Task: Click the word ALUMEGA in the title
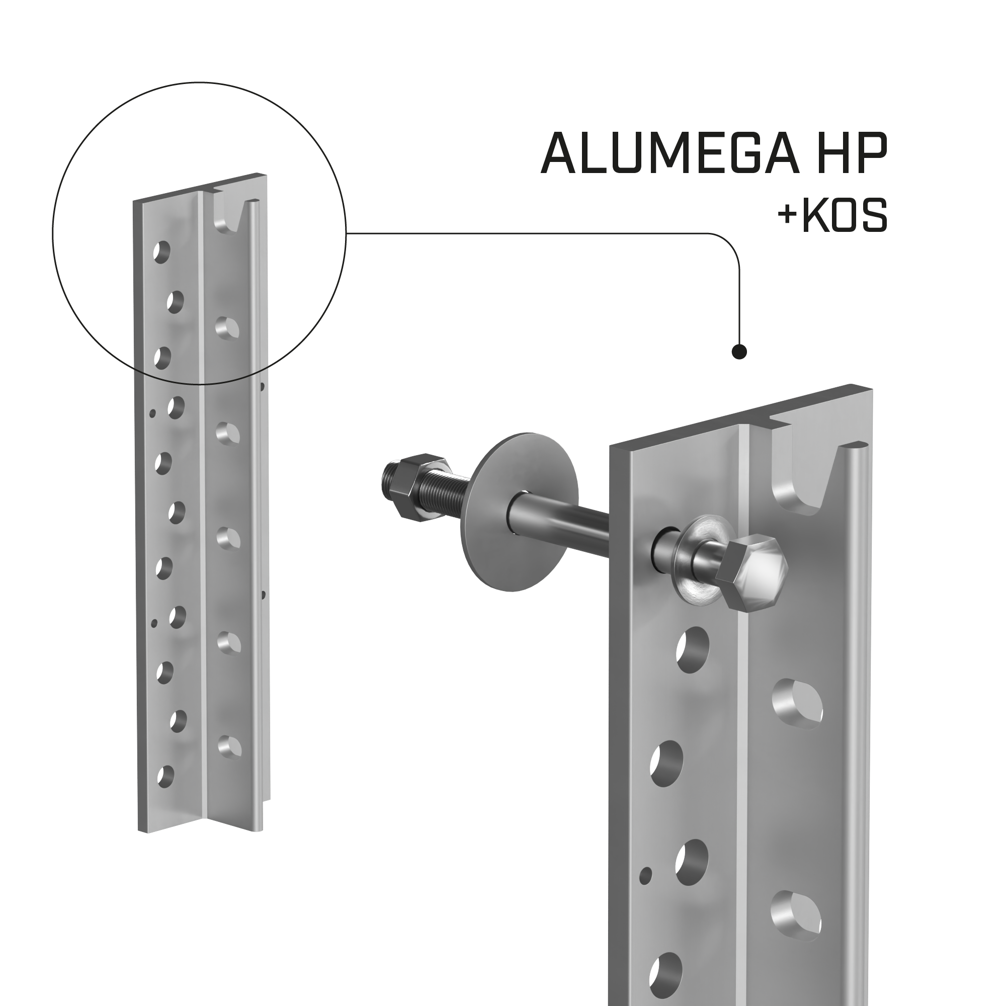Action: pos(670,153)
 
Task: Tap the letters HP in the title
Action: pos(853,153)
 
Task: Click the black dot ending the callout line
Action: pos(739,353)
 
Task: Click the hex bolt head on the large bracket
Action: pos(751,573)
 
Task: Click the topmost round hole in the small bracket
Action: pos(162,252)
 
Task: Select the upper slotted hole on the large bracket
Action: pos(797,704)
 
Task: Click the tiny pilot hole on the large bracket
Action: pos(645,876)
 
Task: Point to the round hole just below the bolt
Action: pos(692,650)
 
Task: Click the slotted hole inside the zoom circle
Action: pos(227,328)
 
